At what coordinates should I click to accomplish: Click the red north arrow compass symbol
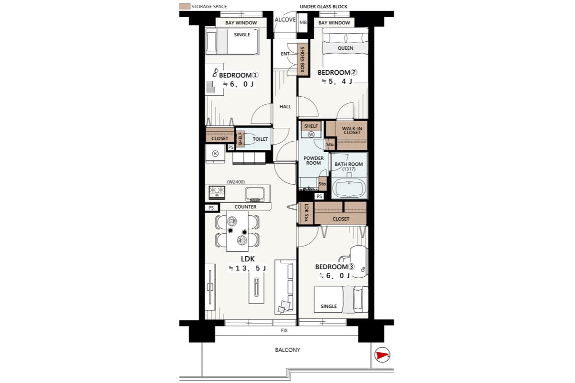[x=382, y=355]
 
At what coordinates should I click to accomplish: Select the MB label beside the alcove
[x=303, y=23]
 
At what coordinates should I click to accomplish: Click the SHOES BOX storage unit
[x=302, y=59]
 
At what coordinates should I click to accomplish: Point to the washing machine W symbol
[x=311, y=135]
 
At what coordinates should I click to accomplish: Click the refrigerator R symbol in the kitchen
[x=215, y=153]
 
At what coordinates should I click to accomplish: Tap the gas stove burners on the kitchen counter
[x=217, y=192]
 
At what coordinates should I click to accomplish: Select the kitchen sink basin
[x=254, y=194]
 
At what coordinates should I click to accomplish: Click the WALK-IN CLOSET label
[x=352, y=131]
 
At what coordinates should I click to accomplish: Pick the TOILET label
[x=260, y=139]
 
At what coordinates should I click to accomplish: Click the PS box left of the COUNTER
[x=211, y=208]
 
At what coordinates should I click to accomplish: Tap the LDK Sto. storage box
[x=306, y=214]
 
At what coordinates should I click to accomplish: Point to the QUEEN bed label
[x=345, y=48]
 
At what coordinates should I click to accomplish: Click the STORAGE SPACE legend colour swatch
[x=184, y=6]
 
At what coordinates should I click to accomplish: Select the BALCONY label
[x=287, y=350]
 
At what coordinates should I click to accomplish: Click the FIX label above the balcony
[x=284, y=330]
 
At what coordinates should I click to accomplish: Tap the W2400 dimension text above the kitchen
[x=236, y=182]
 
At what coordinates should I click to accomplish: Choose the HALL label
[x=285, y=106]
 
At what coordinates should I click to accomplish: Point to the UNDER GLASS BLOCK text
[x=323, y=7]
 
